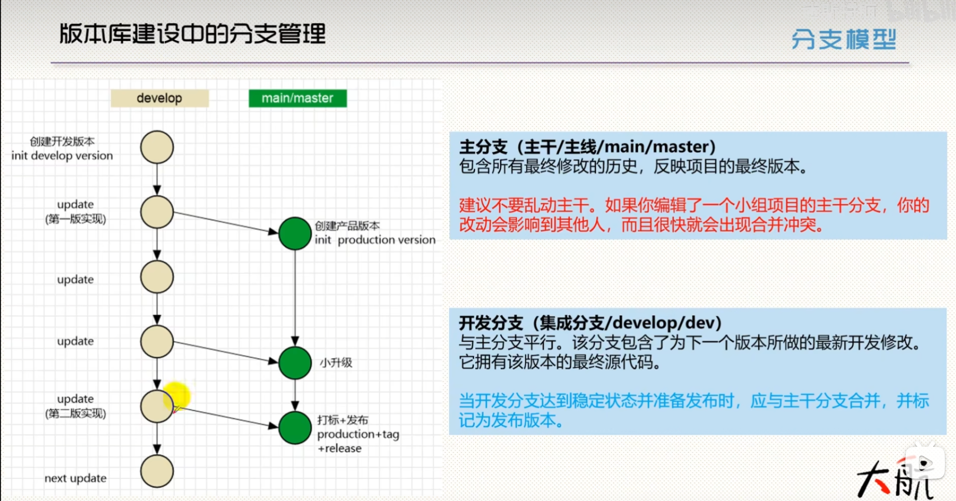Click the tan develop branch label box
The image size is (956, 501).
click(159, 98)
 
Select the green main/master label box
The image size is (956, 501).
click(298, 98)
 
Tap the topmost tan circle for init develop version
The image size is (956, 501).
click(157, 147)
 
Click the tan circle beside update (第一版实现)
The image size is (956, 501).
click(157, 212)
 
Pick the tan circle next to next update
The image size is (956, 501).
click(157, 471)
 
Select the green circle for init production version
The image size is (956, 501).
click(295, 234)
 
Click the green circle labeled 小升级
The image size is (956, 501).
click(295, 363)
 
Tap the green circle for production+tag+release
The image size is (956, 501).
click(295, 428)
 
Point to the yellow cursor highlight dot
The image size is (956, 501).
click(176, 396)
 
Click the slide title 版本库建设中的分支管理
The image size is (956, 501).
click(193, 34)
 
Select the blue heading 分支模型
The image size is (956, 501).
click(844, 39)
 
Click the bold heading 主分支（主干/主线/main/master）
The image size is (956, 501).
click(587, 147)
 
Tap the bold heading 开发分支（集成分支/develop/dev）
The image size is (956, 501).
click(590, 323)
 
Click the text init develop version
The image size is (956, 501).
click(62, 156)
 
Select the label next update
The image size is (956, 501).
click(75, 478)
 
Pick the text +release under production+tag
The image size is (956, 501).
click(339, 448)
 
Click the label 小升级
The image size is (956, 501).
click(336, 363)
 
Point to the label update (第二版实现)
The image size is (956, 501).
click(75, 406)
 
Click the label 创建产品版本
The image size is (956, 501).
click(347, 226)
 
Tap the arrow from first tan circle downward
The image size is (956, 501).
click(157, 179)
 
